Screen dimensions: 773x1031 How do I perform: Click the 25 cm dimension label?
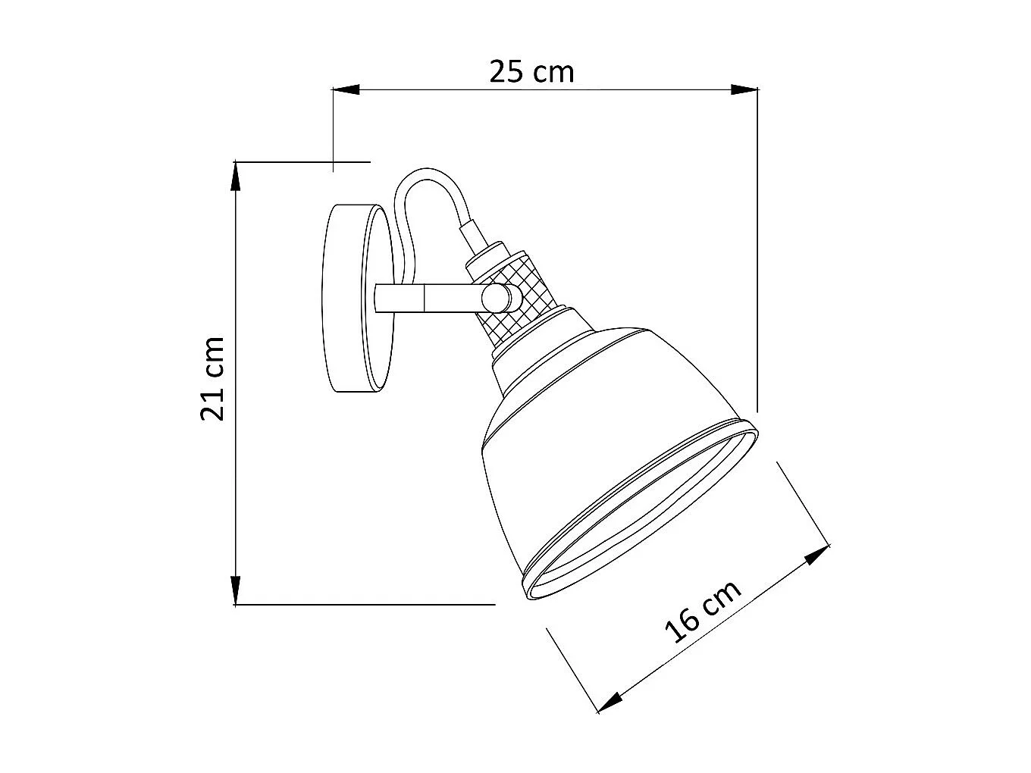coord(531,72)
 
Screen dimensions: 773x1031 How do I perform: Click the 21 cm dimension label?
coord(213,379)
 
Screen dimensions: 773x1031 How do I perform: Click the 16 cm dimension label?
coord(703,612)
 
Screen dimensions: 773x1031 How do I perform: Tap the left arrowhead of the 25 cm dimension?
coord(345,90)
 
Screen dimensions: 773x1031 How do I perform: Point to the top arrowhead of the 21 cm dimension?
coord(236,176)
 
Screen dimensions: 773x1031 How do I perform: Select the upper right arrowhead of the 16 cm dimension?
coord(816,555)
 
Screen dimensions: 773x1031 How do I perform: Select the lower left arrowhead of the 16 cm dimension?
coord(611,700)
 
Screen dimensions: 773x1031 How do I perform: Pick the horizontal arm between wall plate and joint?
coord(425,298)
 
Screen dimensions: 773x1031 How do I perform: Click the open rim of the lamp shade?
coord(644,515)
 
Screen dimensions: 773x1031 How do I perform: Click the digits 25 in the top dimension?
coord(506,72)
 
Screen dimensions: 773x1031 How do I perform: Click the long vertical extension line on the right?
coord(757,250)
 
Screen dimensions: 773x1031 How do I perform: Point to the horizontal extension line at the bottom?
coord(364,604)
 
